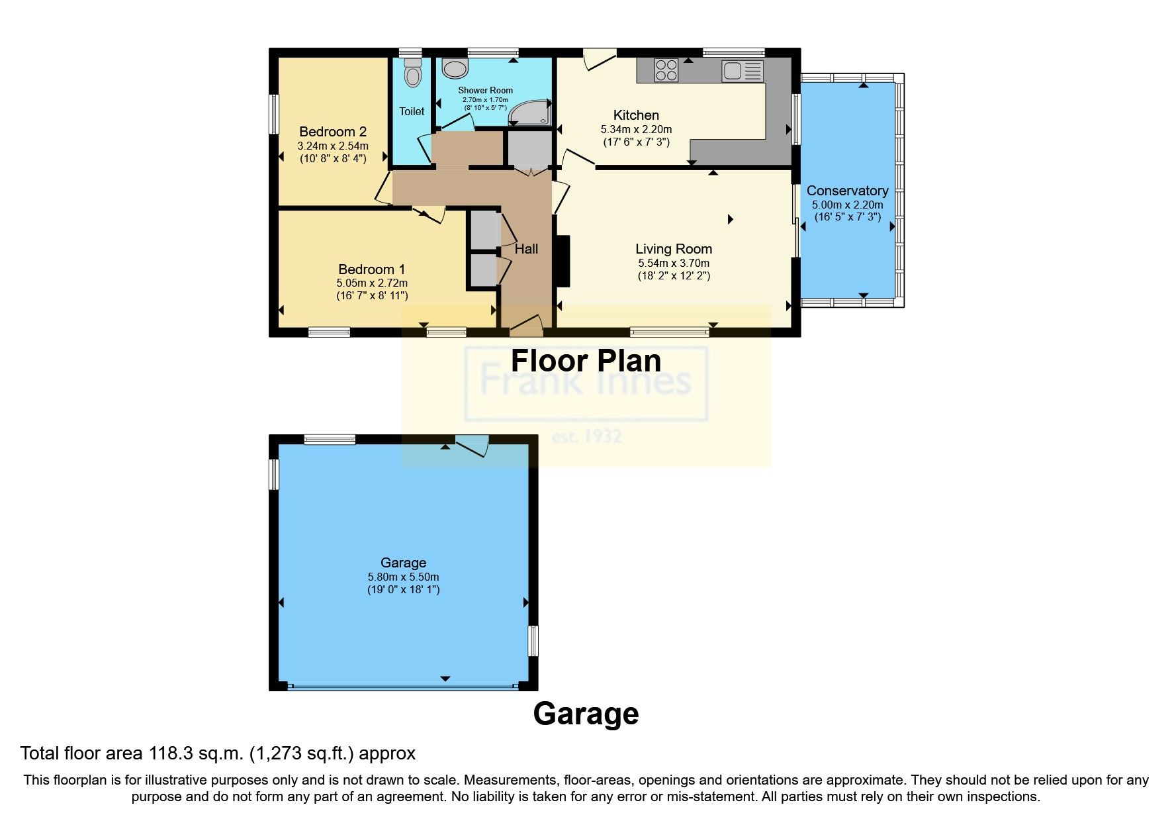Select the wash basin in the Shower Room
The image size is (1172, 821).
455,68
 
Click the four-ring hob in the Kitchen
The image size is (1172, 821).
666,70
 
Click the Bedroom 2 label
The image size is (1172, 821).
332,132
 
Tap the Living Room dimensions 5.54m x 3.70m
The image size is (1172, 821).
674,263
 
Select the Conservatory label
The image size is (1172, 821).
847,191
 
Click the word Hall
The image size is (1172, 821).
526,249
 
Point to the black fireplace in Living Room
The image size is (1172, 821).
563,261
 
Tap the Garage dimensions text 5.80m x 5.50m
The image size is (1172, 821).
403,577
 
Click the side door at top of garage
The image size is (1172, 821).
473,444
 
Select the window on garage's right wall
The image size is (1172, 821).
533,641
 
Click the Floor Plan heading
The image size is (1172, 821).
586,362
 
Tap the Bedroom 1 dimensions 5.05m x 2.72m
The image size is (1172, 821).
371,283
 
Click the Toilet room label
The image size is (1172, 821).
412,111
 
